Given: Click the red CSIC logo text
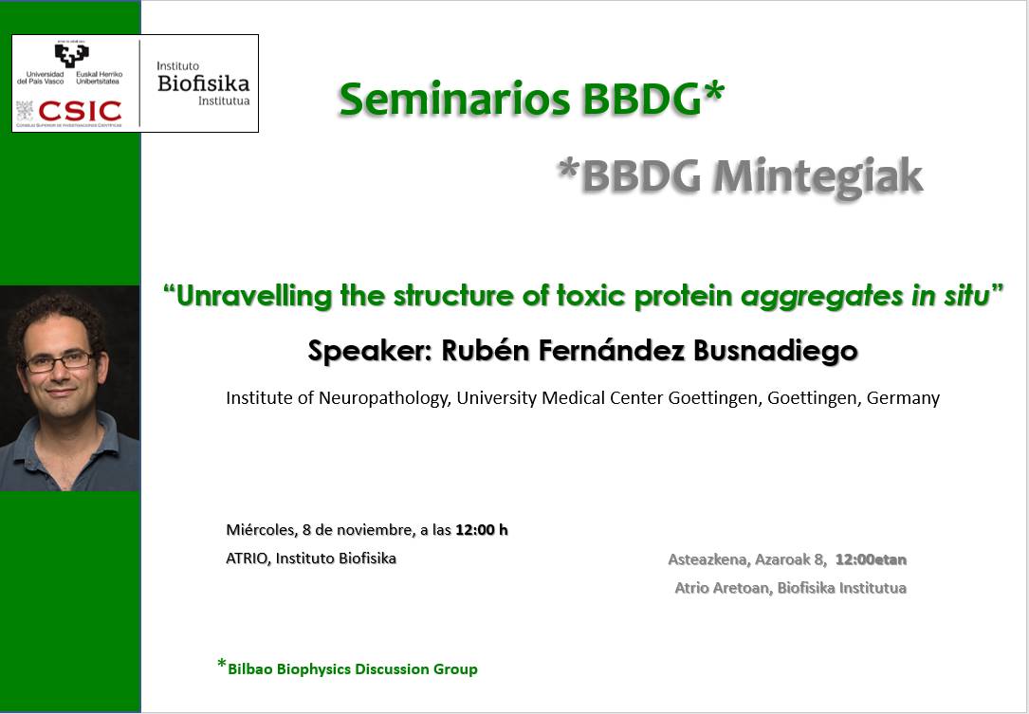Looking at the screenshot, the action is pyautogui.click(x=80, y=111).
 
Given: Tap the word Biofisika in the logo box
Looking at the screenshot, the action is pyautogui.click(x=204, y=83).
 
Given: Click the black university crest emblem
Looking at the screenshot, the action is pyautogui.click(x=71, y=55).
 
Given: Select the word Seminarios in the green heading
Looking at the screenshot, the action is pyautogui.click(x=454, y=100).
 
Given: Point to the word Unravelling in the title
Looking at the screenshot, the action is pyautogui.click(x=254, y=296).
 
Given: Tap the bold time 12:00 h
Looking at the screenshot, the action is pyautogui.click(x=482, y=530).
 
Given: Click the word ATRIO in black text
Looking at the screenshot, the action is pyautogui.click(x=248, y=558).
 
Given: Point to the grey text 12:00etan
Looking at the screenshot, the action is pyautogui.click(x=871, y=559).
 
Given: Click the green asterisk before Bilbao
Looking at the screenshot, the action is pyautogui.click(x=222, y=664).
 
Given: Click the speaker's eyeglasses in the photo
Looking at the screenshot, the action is pyautogui.click(x=60, y=361).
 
